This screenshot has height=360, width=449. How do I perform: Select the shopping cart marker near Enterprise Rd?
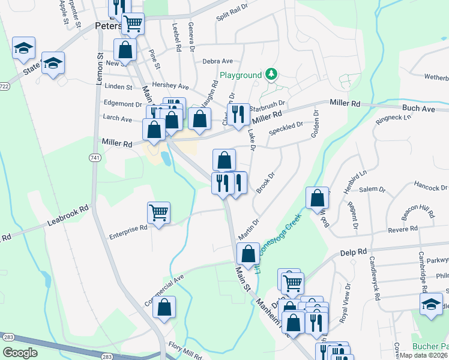click(x=158, y=212)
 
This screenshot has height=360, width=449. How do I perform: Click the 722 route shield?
click(x=4, y=86)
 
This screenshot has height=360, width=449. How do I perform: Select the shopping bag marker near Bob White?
click(x=317, y=198)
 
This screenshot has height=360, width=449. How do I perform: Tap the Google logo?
click(x=20, y=352)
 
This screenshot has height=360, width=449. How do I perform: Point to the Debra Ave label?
click(x=217, y=61)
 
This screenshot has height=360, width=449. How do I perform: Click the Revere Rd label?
click(x=402, y=229)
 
